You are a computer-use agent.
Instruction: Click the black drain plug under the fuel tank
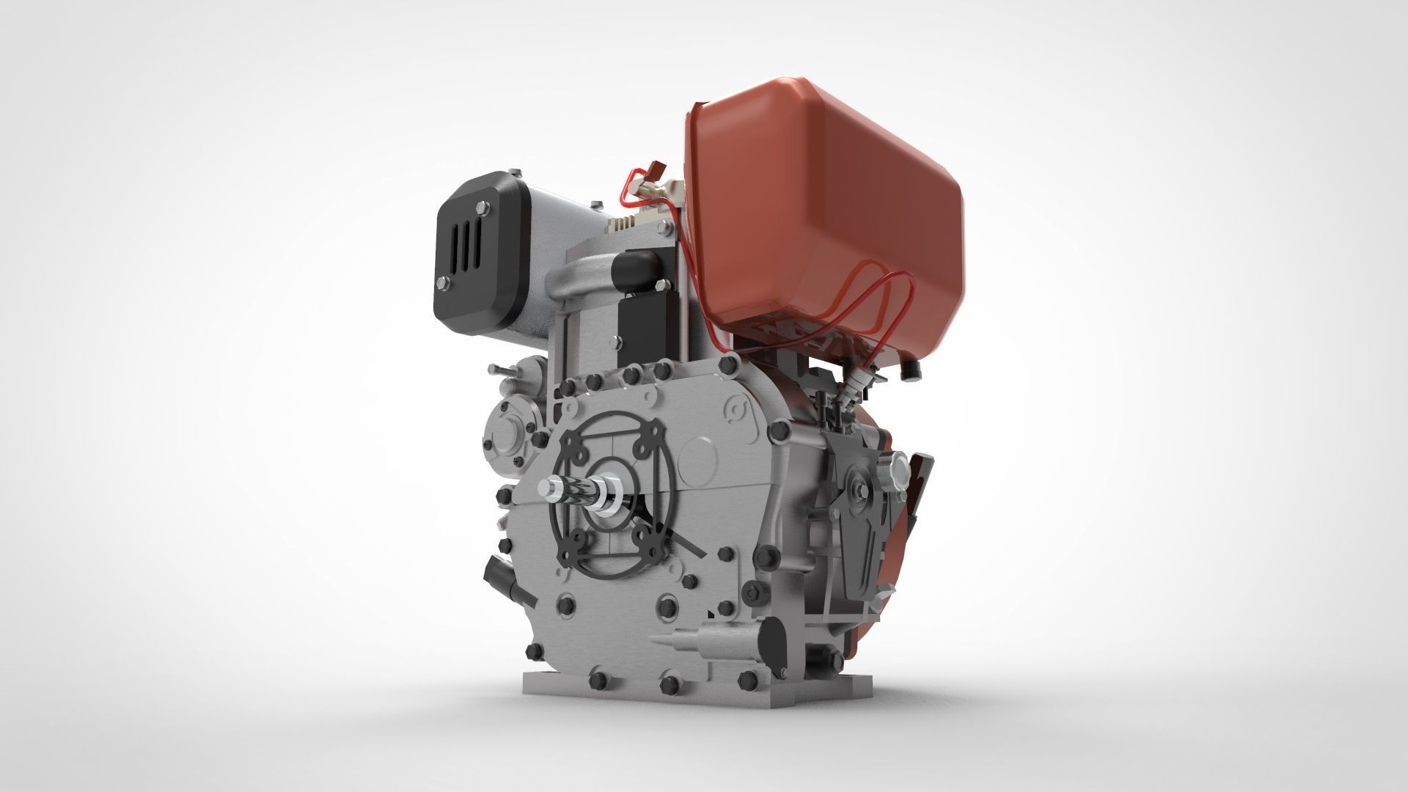click(912, 370)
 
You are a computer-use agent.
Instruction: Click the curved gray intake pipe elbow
click(579, 279)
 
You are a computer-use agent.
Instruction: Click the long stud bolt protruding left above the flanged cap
click(502, 369)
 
